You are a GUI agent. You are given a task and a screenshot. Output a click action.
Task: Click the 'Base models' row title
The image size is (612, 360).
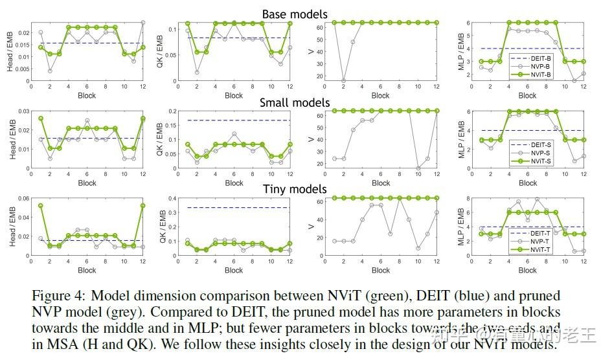point(295,14)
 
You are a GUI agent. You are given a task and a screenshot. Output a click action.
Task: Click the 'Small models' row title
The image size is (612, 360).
point(295,102)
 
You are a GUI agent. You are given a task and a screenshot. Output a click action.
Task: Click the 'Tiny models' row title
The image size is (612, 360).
point(295,189)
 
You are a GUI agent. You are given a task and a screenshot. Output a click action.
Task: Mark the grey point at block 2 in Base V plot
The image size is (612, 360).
point(343,81)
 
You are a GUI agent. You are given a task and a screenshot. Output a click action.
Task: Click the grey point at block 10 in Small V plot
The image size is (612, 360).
point(418,168)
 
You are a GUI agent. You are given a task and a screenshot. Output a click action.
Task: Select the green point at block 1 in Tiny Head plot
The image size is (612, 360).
point(41,206)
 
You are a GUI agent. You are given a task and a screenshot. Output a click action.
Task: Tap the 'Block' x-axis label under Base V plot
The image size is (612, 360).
point(381,95)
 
